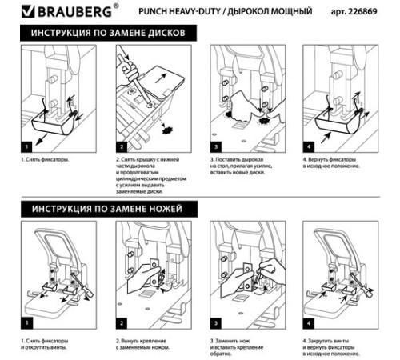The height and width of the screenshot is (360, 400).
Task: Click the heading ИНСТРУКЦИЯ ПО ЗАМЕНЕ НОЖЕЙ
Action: point(108,209)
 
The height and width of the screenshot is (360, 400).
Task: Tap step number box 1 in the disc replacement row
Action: point(25,147)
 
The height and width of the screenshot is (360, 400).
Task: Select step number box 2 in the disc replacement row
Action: point(121,147)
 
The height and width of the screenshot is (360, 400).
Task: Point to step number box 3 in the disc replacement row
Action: point(217,147)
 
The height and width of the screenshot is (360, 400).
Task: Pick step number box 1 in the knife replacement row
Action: point(25,323)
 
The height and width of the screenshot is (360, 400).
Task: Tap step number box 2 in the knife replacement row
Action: point(121,323)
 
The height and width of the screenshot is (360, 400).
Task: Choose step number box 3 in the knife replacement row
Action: point(217,323)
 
